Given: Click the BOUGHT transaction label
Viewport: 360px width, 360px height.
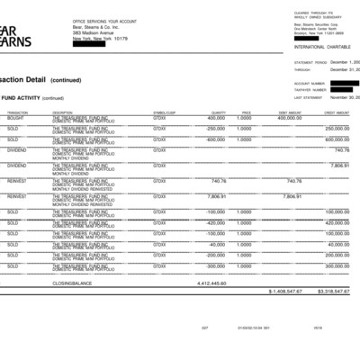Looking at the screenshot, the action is click(x=15, y=118).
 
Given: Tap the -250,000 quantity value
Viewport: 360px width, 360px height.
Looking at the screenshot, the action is click(x=215, y=128).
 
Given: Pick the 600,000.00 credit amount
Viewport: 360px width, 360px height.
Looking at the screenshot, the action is click(x=337, y=139).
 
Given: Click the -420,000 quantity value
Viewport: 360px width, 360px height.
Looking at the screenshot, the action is click(x=215, y=222).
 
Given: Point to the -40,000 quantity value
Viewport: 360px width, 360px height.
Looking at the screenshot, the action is click(x=217, y=244).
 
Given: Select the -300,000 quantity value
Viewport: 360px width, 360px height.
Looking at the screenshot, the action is click(x=215, y=266).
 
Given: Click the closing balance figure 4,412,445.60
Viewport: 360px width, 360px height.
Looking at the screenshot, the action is click(x=211, y=283).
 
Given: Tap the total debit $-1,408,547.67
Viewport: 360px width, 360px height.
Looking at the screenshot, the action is click(x=285, y=292).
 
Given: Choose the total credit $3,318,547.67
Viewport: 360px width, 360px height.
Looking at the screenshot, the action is click(x=333, y=292).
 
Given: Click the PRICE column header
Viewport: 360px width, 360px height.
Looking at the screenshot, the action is click(x=246, y=112).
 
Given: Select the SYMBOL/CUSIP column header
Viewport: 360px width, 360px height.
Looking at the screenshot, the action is click(x=165, y=112).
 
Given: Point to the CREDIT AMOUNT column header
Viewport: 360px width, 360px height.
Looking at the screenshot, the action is click(x=337, y=112).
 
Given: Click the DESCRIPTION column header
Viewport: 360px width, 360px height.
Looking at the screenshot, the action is click(x=62, y=112).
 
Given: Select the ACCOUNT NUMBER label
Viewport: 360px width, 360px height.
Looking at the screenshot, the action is click(x=308, y=83).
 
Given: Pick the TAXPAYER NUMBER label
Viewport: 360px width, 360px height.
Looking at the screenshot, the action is click(x=309, y=90).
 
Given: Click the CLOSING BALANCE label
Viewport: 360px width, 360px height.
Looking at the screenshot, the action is click(x=73, y=283).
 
